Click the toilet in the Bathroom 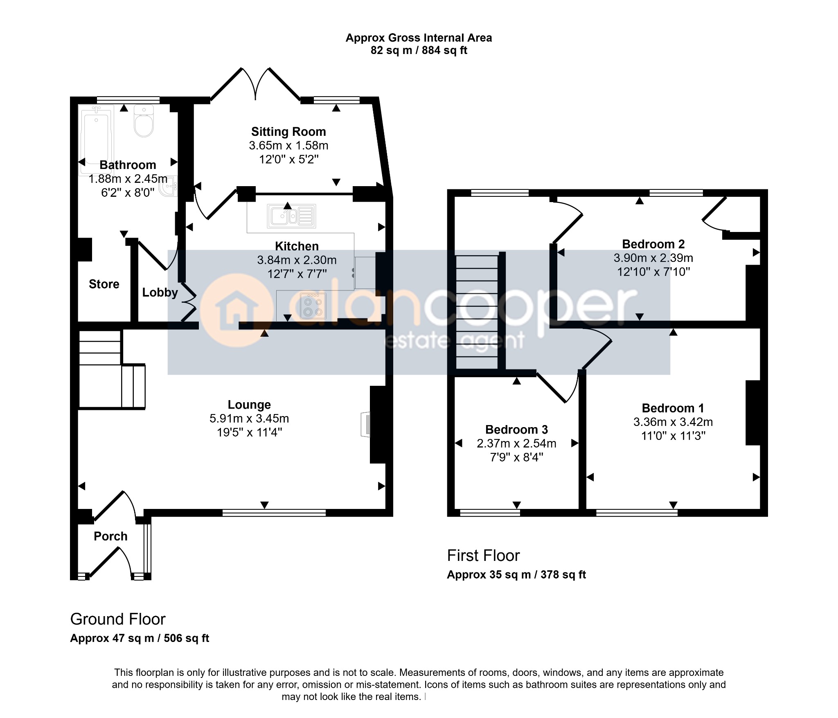144,121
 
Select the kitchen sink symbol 292,216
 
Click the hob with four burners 313,306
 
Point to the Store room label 104,284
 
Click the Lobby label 160,293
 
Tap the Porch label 110,536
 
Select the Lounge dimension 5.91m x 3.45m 249,419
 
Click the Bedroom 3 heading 516,430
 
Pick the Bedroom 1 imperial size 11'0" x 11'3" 673,436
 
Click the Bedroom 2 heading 653,244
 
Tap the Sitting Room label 288,132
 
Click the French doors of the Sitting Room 256,83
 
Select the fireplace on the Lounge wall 365,425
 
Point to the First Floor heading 483,556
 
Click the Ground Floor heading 118,619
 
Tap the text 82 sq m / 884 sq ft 419,50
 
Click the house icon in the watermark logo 237,311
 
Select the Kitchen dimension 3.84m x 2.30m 297,260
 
